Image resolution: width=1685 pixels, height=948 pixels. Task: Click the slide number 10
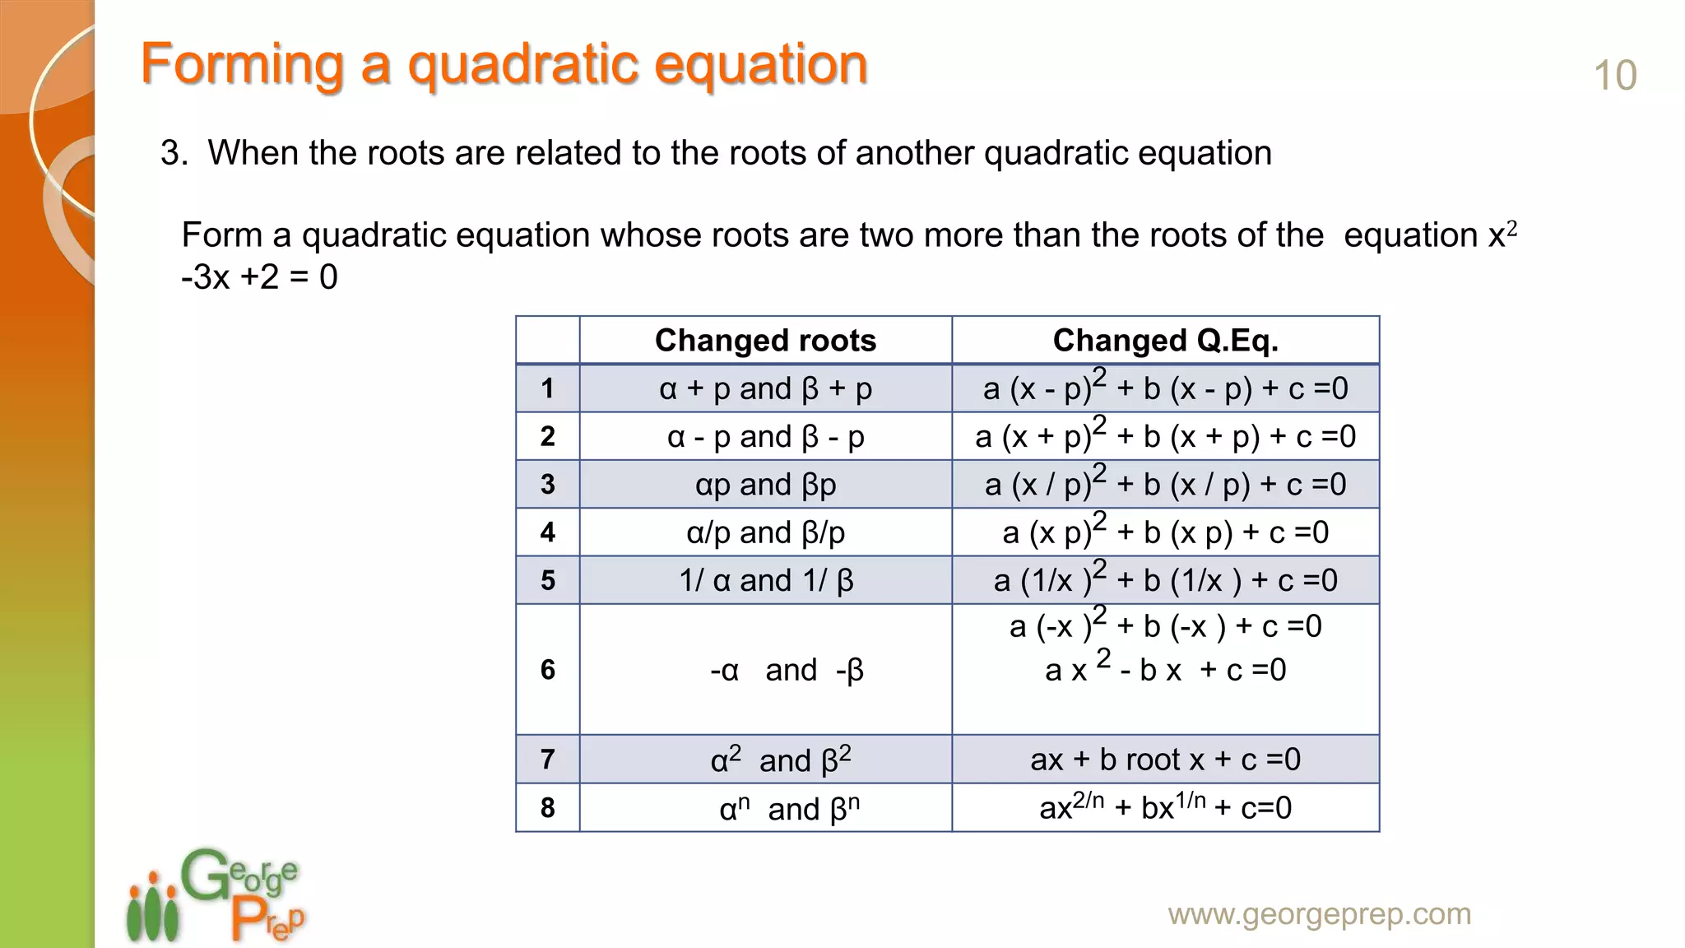click(x=1614, y=76)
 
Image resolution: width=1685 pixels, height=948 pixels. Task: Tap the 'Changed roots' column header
click(x=765, y=341)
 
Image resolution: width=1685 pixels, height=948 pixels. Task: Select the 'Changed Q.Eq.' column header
click(x=1165, y=341)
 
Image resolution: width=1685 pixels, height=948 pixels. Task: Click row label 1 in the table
click(x=547, y=388)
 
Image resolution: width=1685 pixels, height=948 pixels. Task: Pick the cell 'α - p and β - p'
click(x=765, y=437)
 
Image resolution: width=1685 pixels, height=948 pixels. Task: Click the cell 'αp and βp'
click(x=765, y=485)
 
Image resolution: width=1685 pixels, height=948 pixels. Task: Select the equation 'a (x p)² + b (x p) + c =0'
click(x=1165, y=532)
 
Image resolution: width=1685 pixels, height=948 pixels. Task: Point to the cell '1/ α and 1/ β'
click(x=765, y=581)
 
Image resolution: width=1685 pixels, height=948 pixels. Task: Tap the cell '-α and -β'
click(x=786, y=671)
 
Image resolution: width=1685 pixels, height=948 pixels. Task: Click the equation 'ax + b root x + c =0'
click(x=1165, y=760)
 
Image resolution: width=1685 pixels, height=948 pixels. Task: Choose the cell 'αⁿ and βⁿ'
click(x=788, y=809)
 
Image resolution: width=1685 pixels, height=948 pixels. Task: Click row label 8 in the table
click(x=547, y=808)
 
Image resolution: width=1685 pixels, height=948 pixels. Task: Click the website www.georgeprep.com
click(x=1319, y=914)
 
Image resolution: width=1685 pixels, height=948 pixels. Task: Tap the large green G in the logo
click(x=203, y=876)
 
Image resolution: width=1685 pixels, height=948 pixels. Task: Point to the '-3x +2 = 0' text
click(x=259, y=277)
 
